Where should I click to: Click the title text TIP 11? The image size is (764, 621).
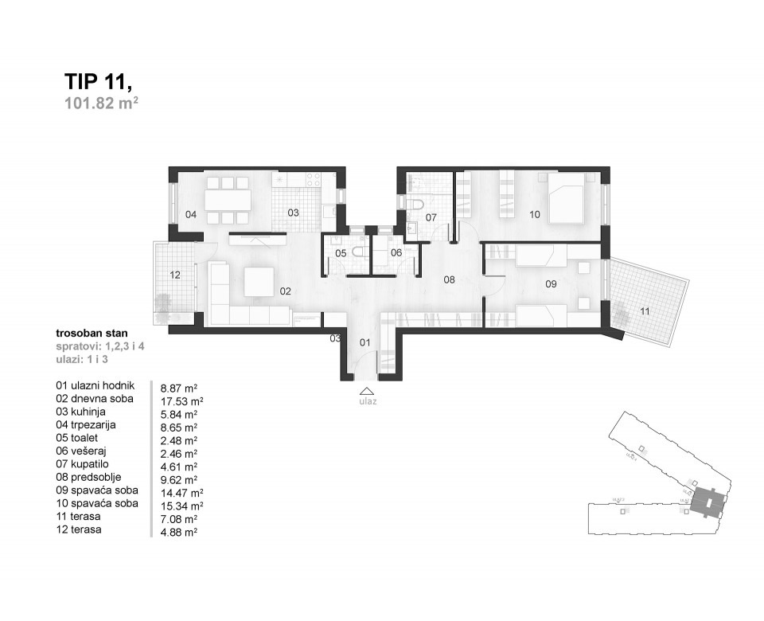(x=97, y=82)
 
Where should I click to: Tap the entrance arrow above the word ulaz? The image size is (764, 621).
(x=366, y=390)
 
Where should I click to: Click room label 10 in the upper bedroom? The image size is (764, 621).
(x=534, y=213)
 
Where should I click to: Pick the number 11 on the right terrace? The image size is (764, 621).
(x=645, y=310)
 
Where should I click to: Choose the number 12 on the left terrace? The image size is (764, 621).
(x=175, y=275)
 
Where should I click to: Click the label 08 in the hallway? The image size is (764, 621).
(x=449, y=279)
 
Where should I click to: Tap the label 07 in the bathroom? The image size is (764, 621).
(x=431, y=217)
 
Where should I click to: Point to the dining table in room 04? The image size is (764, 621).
(x=228, y=199)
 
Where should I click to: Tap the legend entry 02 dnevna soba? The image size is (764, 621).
(x=95, y=399)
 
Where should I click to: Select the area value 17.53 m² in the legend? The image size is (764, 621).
(x=182, y=401)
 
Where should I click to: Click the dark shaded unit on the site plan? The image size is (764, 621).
(x=705, y=502)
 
